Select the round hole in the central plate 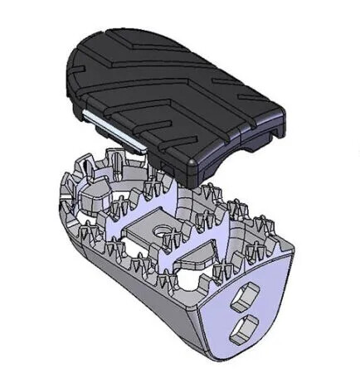157,226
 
